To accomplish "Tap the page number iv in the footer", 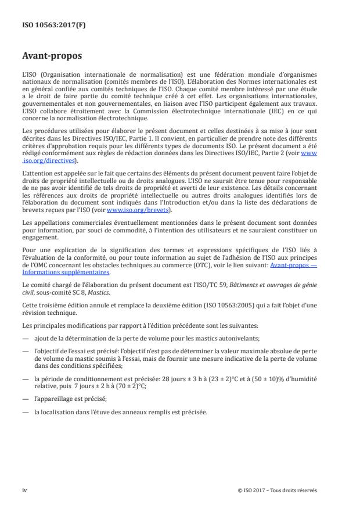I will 24,490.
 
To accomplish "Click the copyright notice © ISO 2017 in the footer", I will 277,490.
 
